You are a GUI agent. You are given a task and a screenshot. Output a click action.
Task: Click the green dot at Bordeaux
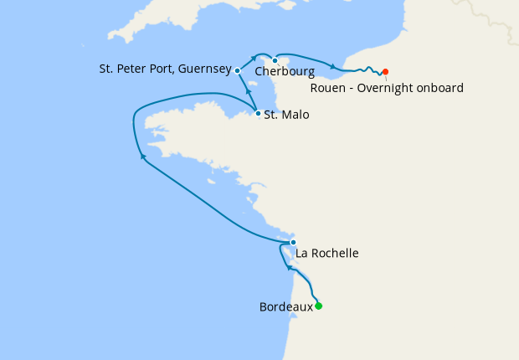[x=318, y=306]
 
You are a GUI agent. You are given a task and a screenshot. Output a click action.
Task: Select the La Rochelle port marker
[x=293, y=242]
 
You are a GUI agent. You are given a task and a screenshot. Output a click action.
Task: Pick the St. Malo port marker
[x=258, y=113]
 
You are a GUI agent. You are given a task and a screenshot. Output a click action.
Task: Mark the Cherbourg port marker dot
[x=275, y=60]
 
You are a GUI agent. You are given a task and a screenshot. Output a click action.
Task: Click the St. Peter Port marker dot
[x=238, y=70]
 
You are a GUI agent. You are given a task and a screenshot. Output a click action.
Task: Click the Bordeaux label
[x=286, y=307]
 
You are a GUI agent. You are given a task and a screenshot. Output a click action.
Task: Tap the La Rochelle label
[x=327, y=252]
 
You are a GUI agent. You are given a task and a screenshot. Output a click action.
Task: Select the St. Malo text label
[x=286, y=115]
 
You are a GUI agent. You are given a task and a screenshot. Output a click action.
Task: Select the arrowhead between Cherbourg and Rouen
[x=332, y=67]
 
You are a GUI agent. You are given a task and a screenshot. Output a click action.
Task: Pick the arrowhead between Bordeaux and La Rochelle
[x=290, y=268]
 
